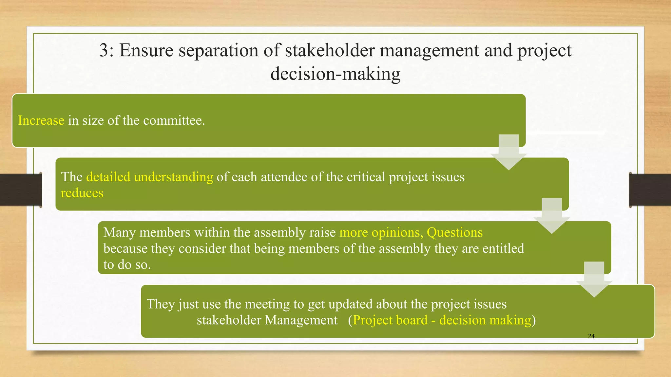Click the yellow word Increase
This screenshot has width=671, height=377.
point(41,120)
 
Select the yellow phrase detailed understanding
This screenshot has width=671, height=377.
point(150,177)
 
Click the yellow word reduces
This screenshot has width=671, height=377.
point(82,193)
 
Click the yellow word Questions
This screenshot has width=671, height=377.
point(454,232)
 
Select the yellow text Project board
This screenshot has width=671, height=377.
point(390,320)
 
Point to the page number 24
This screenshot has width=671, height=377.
point(591,336)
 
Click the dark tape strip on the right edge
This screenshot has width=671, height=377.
point(650,190)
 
